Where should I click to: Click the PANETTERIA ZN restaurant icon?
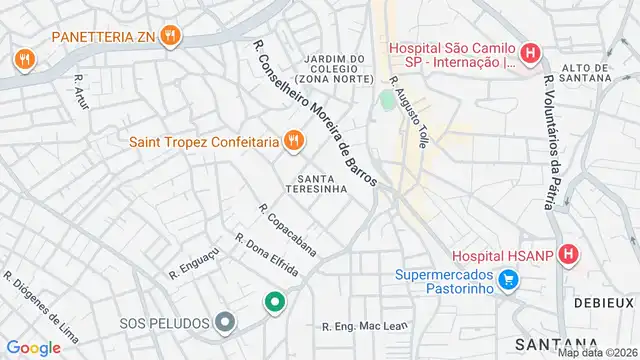[171, 36]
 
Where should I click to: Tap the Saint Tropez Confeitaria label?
[203, 141]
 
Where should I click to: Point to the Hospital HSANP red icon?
[569, 255]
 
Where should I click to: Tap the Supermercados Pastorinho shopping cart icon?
[509, 279]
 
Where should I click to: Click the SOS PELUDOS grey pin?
[226, 322]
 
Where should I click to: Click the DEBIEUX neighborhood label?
[604, 301]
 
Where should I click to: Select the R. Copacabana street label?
[287, 230]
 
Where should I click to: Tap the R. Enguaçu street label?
[193, 263]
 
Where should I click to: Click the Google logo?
[33, 347]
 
